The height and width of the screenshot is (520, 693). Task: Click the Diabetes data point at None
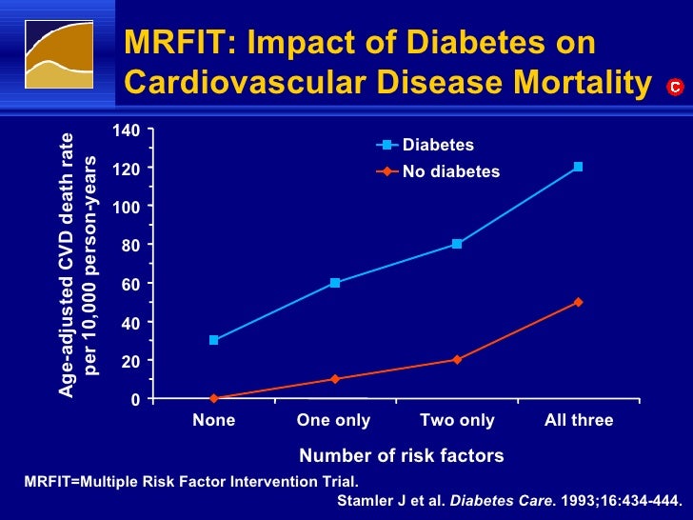point(214,340)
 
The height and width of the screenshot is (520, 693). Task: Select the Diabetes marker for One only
point(335,283)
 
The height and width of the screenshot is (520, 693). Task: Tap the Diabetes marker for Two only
point(457,244)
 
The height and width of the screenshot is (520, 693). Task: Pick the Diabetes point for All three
point(578,167)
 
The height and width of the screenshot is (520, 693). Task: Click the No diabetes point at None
point(214,398)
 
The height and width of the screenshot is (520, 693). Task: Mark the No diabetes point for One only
point(335,379)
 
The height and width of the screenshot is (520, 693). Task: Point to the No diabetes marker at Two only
point(457,360)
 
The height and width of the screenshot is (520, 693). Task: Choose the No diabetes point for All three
point(578,302)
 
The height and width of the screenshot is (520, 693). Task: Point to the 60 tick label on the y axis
point(130,284)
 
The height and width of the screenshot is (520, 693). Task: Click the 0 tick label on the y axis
point(135,400)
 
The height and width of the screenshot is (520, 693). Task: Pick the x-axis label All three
point(579,420)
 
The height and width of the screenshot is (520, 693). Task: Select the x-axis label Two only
point(457,420)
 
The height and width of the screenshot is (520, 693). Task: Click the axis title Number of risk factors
point(402,456)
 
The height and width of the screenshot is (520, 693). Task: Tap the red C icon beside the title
point(674,88)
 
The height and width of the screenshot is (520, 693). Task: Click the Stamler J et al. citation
point(510,498)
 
